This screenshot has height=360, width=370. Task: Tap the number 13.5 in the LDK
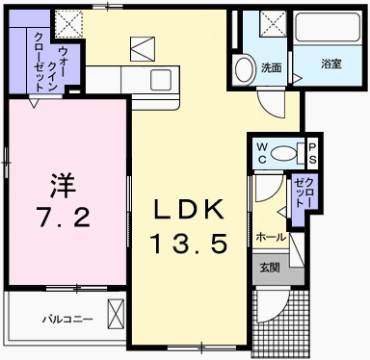189,244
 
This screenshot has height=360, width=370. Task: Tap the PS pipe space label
312,152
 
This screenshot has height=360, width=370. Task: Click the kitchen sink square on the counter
160,77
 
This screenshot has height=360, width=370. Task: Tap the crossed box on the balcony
117,314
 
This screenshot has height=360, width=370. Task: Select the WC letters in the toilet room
260,152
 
